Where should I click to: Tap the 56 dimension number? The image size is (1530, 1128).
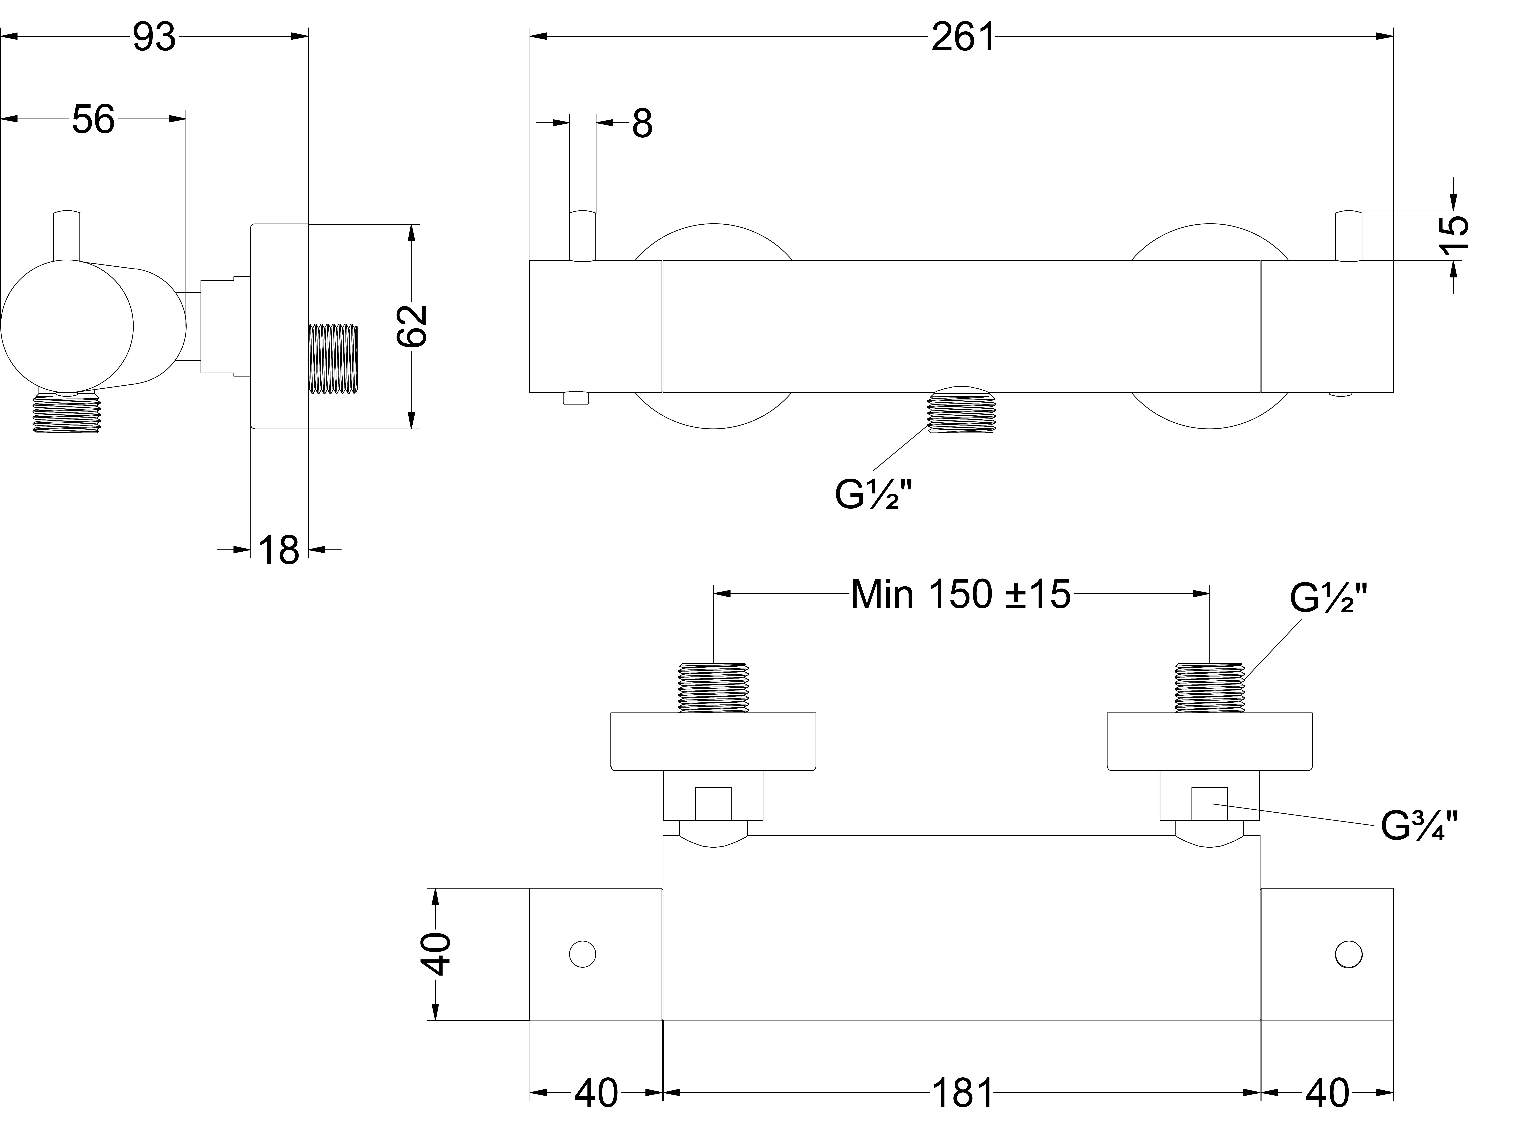coord(93,120)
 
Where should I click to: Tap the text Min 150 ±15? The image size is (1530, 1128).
coord(960,594)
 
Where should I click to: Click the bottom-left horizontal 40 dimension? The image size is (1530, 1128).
coord(596,1093)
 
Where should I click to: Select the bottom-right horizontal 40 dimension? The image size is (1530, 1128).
coord(1327,1093)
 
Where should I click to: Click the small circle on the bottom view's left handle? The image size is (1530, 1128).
coord(582,954)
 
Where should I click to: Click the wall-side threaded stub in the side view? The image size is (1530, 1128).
coord(333,358)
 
